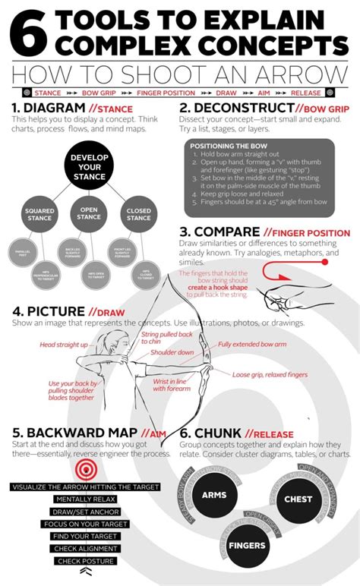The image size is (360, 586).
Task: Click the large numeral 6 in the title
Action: pos(29,32)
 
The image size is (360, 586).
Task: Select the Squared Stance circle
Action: pos(39,215)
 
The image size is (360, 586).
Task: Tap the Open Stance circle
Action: pos(89,215)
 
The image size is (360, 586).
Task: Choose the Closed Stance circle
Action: pos(139,215)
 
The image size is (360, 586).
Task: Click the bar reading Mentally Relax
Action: pos(85,499)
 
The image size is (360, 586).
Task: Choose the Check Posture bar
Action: pos(85,561)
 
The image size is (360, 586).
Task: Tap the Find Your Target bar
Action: pos(85,536)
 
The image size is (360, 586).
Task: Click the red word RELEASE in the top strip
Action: pos(307,92)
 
